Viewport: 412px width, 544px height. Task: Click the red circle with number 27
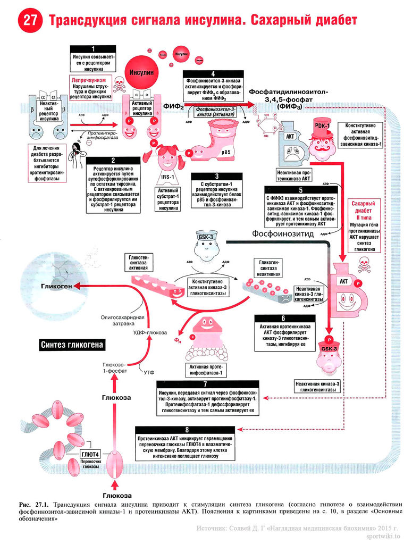tap(28, 20)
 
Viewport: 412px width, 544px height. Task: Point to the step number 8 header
tap(186, 429)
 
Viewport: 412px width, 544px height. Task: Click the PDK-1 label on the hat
tap(322, 125)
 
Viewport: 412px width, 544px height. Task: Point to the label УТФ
tap(149, 373)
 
